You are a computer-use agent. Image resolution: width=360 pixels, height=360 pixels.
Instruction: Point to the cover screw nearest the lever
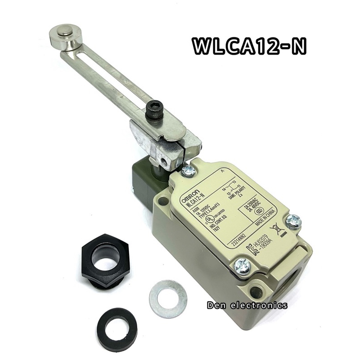tap(187, 170)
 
